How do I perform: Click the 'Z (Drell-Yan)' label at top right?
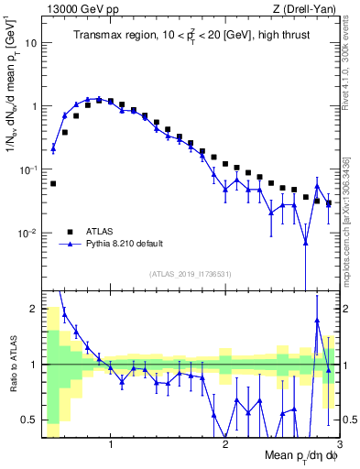point(308,8)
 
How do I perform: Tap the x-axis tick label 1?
point(111,446)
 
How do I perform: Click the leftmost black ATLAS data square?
point(53,183)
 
